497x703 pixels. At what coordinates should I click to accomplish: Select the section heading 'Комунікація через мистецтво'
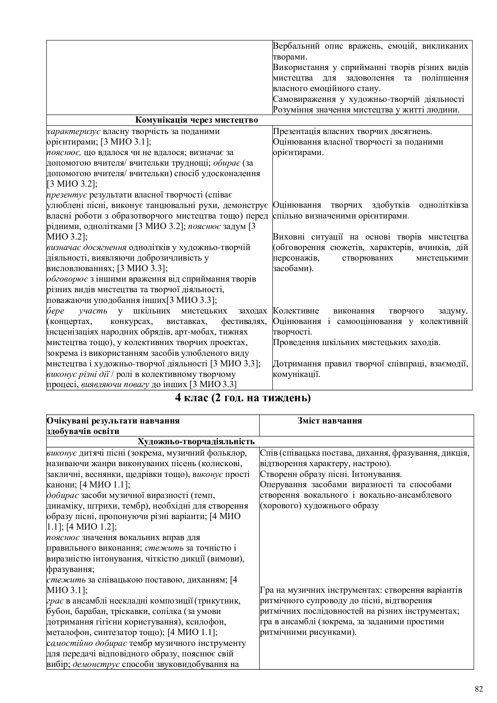[197, 120]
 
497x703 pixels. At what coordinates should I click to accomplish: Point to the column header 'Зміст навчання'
[330, 421]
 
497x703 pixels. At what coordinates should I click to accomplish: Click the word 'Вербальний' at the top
[296, 46]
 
